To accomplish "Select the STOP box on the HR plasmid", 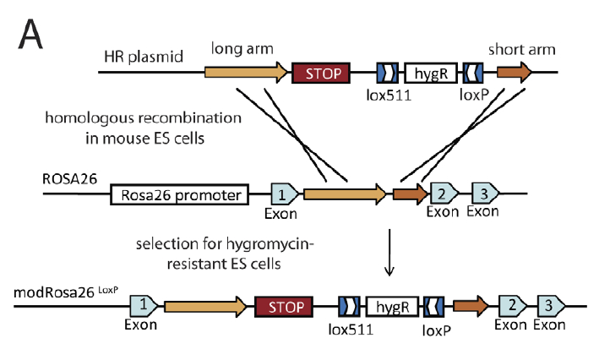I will tap(320, 74).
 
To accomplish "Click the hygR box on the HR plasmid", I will tap(429, 74).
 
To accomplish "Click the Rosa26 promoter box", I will tap(179, 196).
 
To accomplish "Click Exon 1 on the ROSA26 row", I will tap(282, 195).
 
